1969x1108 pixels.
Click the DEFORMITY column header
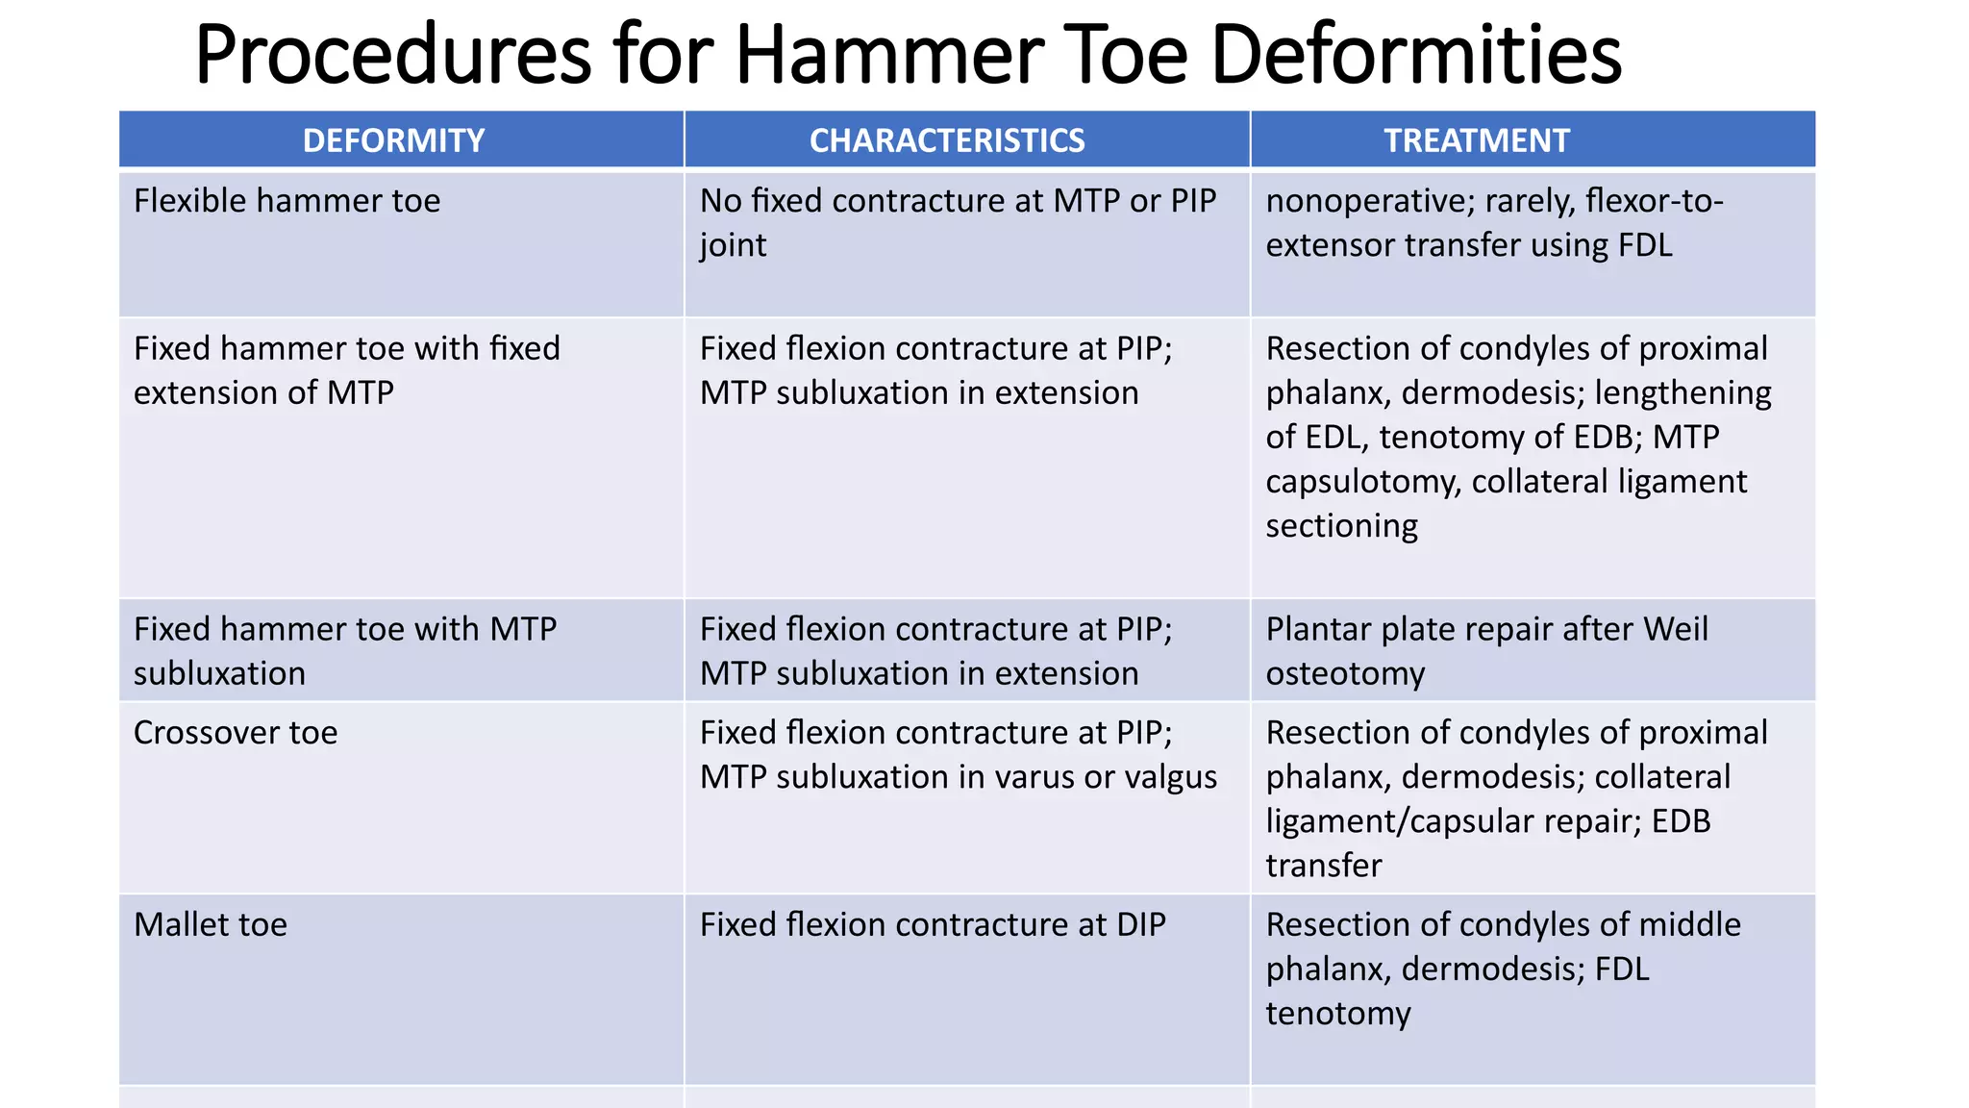[x=393, y=140]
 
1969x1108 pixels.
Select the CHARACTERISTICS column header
[x=947, y=140]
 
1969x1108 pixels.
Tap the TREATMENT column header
[x=1476, y=140]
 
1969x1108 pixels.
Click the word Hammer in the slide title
[x=886, y=55]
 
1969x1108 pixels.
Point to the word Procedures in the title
[x=392, y=55]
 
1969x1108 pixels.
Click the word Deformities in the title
[x=1416, y=55]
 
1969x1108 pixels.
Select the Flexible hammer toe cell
[x=287, y=201]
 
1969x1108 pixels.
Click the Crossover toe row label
[x=236, y=733]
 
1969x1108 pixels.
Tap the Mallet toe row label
[x=211, y=925]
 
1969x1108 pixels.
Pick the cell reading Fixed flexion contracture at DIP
[x=932, y=925]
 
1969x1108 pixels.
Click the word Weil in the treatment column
[x=1675, y=629]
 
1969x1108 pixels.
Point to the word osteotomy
[x=1345, y=674]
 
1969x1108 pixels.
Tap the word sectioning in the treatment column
[x=1341, y=526]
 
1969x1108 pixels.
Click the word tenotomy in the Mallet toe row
[x=1337, y=1014]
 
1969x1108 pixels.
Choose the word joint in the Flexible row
[x=733, y=246]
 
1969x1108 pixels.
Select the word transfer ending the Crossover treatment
[x=1323, y=866]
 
